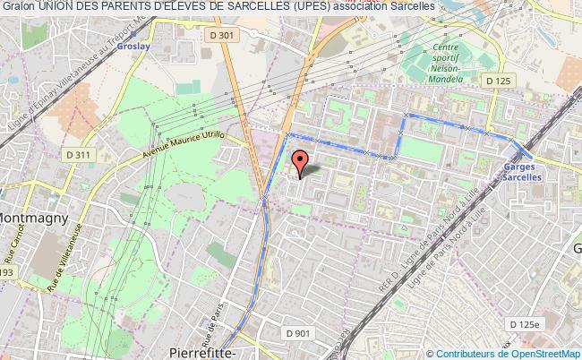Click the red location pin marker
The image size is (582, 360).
[x=300, y=162]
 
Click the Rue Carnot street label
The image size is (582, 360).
[x=15, y=242]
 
